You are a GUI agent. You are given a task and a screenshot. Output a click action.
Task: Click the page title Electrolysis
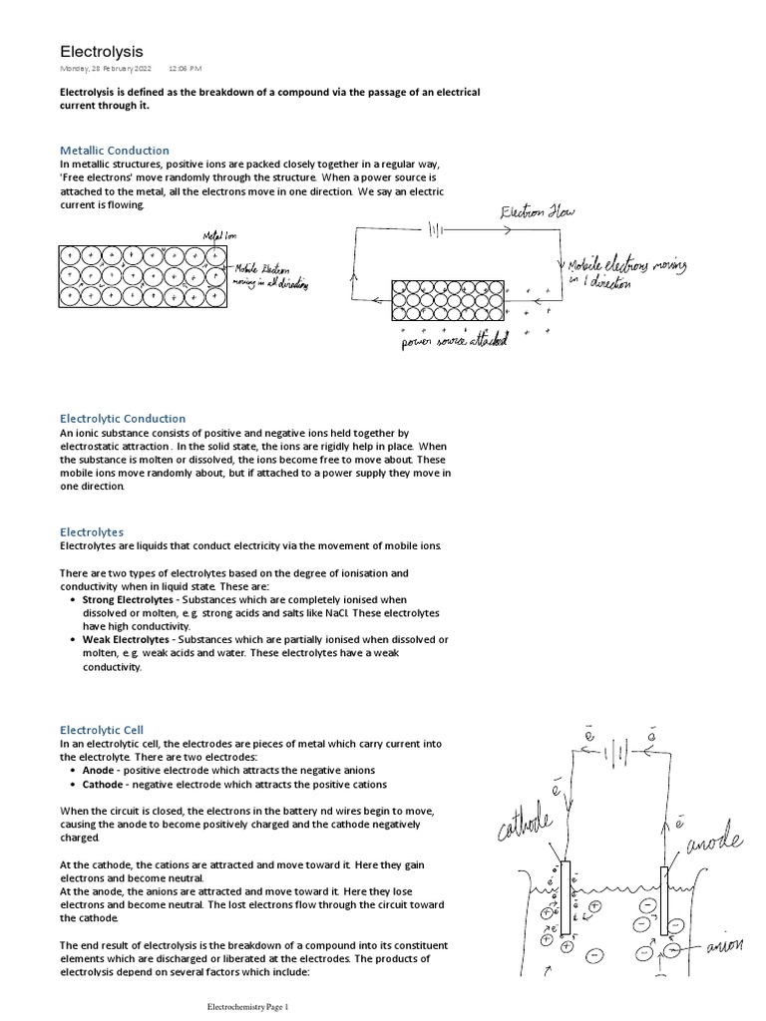(x=102, y=51)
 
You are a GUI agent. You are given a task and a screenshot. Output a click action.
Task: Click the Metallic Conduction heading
(x=115, y=150)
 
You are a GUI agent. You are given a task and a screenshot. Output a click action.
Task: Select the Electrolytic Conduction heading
(x=123, y=418)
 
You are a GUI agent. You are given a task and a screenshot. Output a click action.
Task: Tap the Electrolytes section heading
(x=92, y=532)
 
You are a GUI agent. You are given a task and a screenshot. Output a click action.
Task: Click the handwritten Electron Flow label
(x=538, y=212)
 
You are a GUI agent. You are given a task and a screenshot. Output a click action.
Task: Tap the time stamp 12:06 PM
(x=185, y=69)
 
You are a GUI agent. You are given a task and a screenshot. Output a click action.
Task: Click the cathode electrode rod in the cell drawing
(x=566, y=897)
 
